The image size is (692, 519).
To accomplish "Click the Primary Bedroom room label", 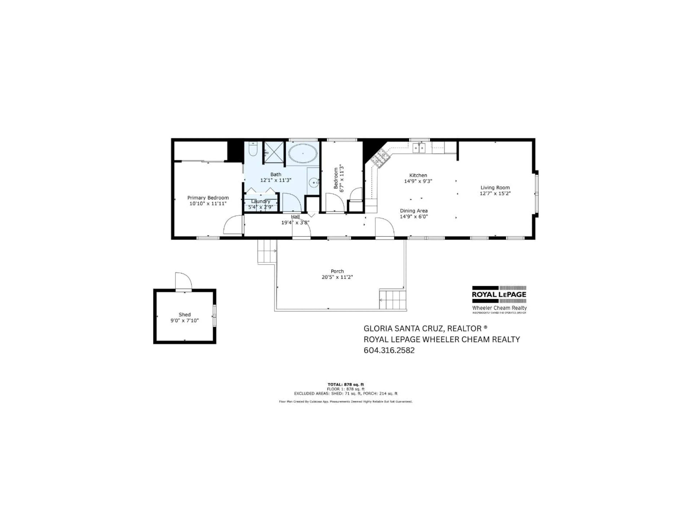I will click(x=208, y=198).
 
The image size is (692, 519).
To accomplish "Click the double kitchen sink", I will click(x=419, y=148).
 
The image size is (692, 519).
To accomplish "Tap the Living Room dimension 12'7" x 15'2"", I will click(x=495, y=193).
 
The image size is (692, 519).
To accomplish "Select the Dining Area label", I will click(x=414, y=211).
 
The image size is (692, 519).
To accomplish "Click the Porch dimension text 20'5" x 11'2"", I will click(x=337, y=277).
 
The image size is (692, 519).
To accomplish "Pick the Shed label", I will click(x=185, y=315).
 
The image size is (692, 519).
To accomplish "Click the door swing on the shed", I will click(x=183, y=281).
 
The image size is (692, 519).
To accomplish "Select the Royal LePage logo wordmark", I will click(x=499, y=294).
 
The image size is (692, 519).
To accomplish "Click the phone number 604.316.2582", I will click(x=389, y=350).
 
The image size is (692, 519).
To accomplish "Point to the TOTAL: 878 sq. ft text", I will click(x=346, y=385).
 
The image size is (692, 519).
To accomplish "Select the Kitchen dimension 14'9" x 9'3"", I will click(x=418, y=181).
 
